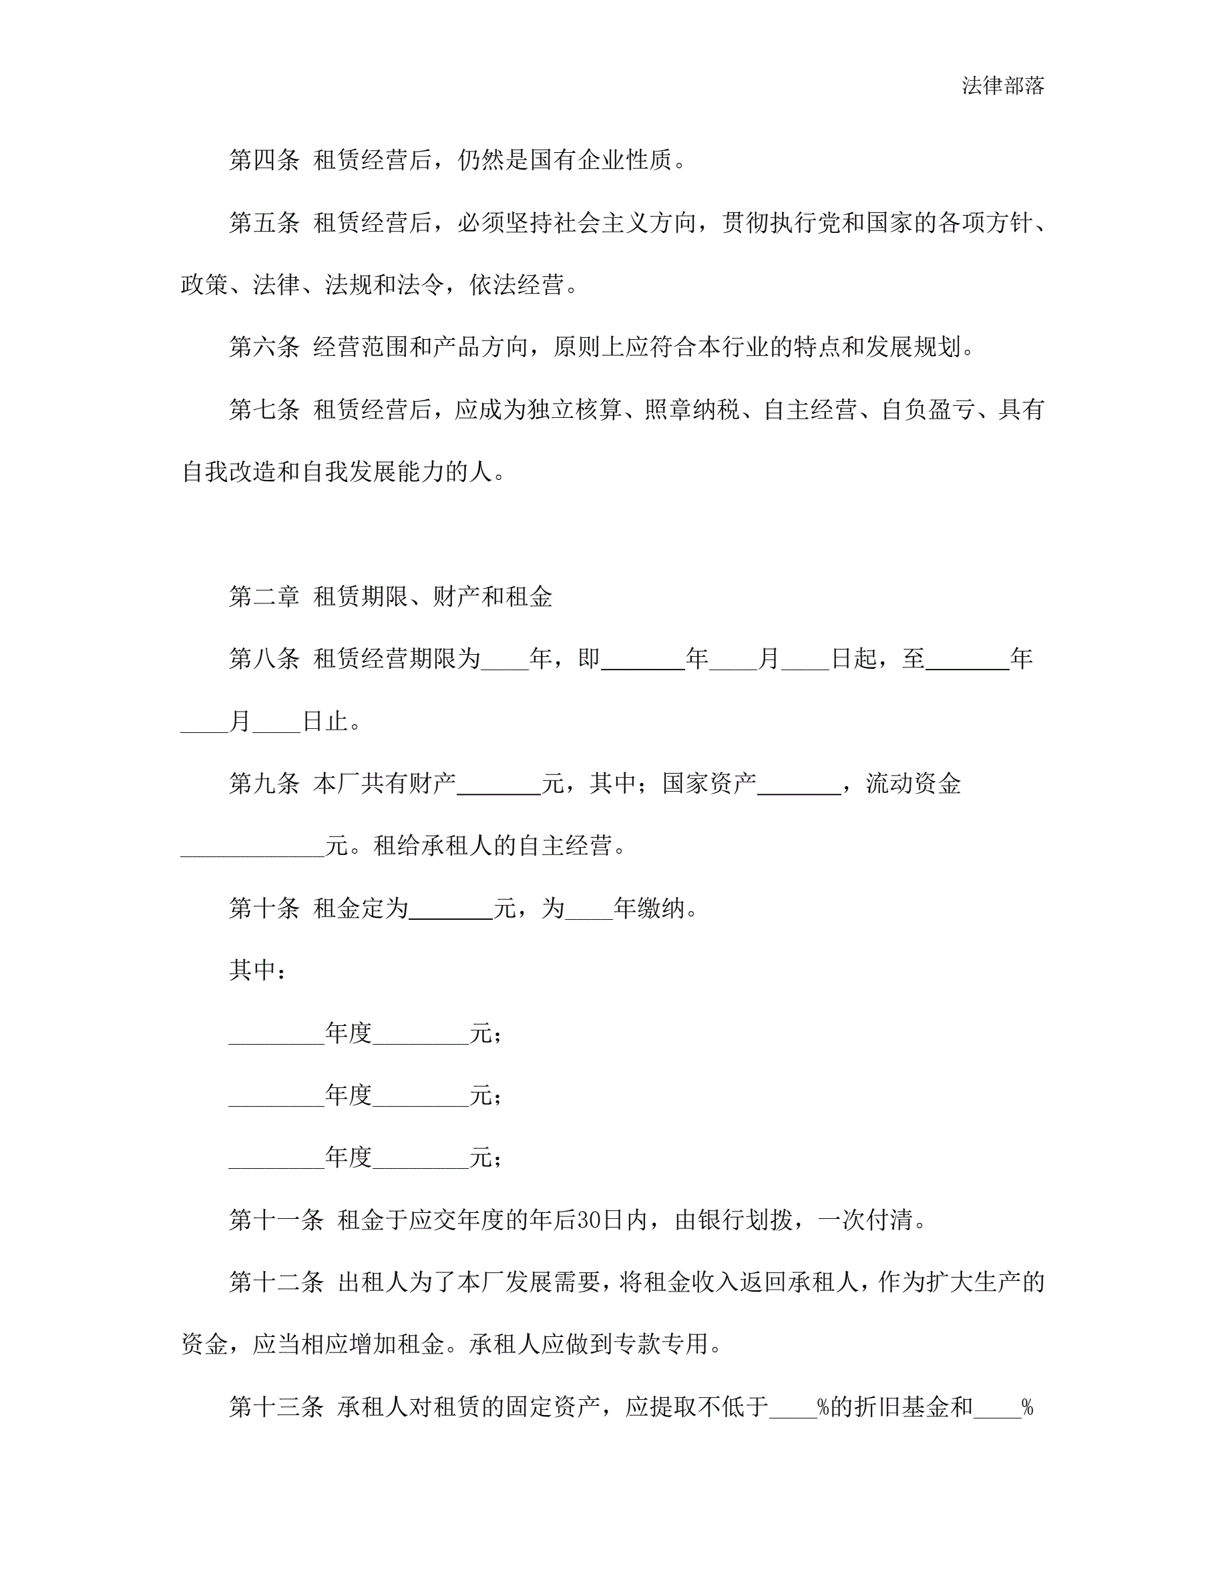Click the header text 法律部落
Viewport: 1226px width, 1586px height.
coord(1002,85)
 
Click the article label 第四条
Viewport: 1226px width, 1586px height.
coord(264,160)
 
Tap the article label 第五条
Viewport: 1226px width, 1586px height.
coord(264,222)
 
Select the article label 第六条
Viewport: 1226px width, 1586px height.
coord(264,347)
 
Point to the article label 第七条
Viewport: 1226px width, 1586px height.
coord(264,410)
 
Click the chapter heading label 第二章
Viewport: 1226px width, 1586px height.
coord(264,597)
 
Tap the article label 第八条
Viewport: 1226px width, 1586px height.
coord(264,659)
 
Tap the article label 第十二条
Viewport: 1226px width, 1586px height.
coord(276,1282)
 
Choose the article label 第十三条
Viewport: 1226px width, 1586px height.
coord(276,1407)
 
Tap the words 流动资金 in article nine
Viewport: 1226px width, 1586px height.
coord(913,784)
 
